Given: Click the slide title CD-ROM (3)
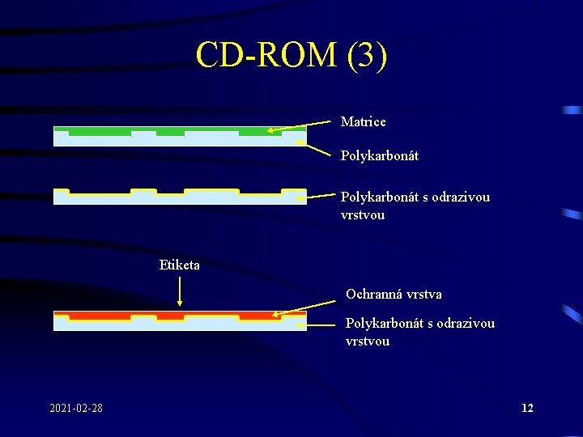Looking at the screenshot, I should point(291,55).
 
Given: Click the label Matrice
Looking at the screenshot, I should point(363,122).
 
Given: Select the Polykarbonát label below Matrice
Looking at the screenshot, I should point(379,155).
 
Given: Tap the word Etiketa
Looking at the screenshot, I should point(180,265).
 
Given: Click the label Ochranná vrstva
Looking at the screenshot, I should point(394,294).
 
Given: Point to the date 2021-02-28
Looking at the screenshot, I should point(76,407).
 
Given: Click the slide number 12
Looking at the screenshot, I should point(527,407).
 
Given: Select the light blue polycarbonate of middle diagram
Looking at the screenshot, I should point(178,199).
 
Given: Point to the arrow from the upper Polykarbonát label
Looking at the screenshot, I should point(316,147).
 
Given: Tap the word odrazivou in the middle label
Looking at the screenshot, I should point(462,197).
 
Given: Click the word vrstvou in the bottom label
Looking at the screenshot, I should point(367,341).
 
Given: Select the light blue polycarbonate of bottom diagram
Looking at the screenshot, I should point(178,325).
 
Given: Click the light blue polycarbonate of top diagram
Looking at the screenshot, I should point(178,141).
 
